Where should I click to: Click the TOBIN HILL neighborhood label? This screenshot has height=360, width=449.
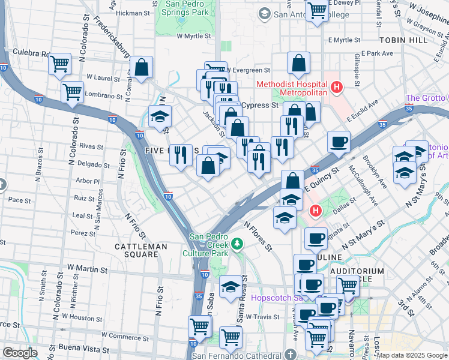[403, 40]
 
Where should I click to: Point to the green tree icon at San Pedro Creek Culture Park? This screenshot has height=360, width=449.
[237, 243]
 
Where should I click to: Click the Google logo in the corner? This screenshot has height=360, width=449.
[20, 352]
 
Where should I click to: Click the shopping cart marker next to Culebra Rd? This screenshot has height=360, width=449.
[59, 64]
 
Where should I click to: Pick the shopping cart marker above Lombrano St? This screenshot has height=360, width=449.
[72, 92]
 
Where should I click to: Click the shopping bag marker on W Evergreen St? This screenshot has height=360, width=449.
[298, 63]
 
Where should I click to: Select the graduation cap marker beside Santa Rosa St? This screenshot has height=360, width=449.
[230, 287]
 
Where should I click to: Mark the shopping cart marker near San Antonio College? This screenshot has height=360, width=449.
[317, 10]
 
